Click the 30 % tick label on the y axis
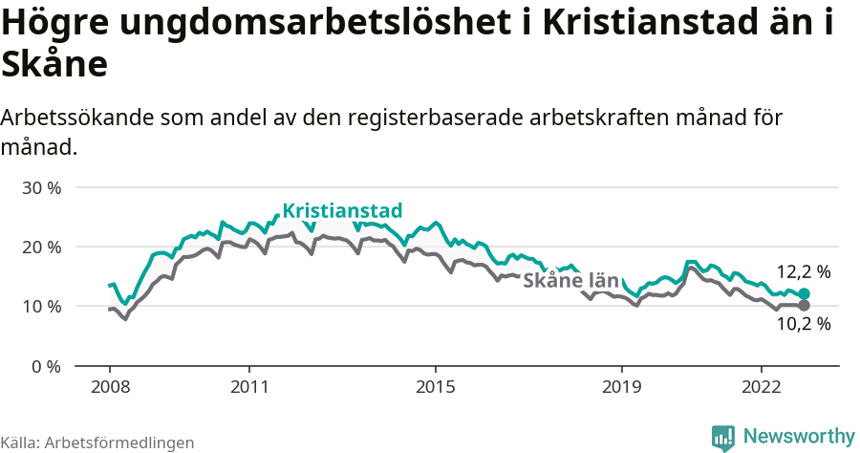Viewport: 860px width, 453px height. click(41, 187)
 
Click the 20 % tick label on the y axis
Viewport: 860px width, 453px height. click(41, 247)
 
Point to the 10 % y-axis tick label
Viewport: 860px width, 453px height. click(41, 307)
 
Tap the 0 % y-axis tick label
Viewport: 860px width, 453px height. click(46, 366)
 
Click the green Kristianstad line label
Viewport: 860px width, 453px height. click(342, 210)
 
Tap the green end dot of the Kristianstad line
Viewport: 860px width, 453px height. click(804, 294)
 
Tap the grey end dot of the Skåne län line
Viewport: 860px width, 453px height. click(804, 306)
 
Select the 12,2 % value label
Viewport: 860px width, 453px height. click(803, 272)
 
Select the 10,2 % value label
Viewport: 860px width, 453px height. click(803, 324)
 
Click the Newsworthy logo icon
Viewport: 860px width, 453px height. click(723, 437)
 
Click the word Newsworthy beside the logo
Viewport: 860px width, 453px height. click(798, 437)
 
